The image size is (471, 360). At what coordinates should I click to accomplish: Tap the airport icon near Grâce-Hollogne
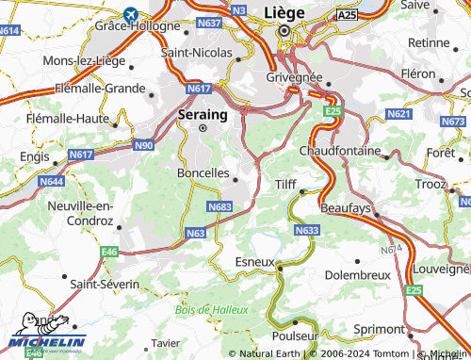[129, 15]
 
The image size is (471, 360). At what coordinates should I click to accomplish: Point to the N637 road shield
[210, 23]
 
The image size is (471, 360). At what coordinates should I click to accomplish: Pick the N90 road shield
[144, 145]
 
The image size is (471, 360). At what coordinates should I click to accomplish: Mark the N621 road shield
[400, 114]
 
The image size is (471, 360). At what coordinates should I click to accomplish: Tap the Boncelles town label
[203, 173]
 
